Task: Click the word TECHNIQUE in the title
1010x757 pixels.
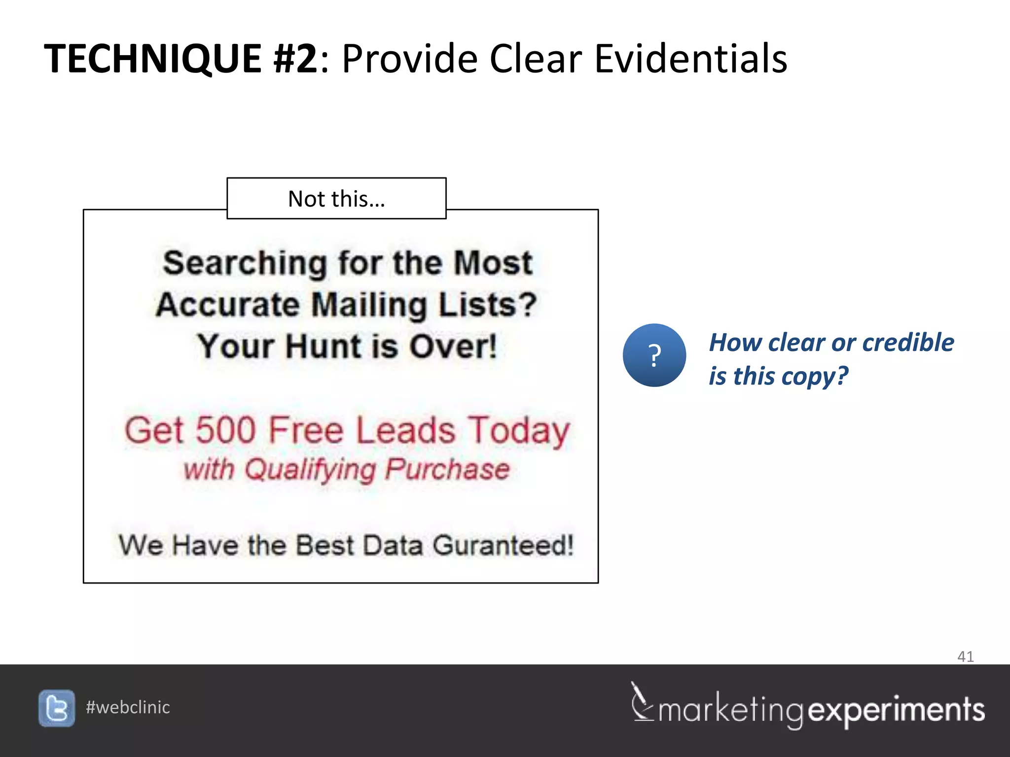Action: (153, 59)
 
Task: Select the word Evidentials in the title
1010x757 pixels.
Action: (690, 59)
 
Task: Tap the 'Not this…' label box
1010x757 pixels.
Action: (336, 199)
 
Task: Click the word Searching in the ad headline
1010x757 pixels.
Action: (245, 263)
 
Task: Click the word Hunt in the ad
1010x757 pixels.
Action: (324, 346)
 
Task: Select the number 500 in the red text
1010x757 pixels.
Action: (225, 430)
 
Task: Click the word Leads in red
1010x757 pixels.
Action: (405, 430)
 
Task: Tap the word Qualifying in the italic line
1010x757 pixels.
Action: (310, 470)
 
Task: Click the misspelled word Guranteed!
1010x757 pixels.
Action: (503, 546)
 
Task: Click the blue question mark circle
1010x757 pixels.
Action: (654, 355)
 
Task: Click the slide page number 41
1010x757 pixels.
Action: (965, 656)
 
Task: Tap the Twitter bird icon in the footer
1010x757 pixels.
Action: (57, 708)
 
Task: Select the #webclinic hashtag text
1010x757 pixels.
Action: (128, 708)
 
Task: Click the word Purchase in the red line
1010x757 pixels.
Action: (447, 470)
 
